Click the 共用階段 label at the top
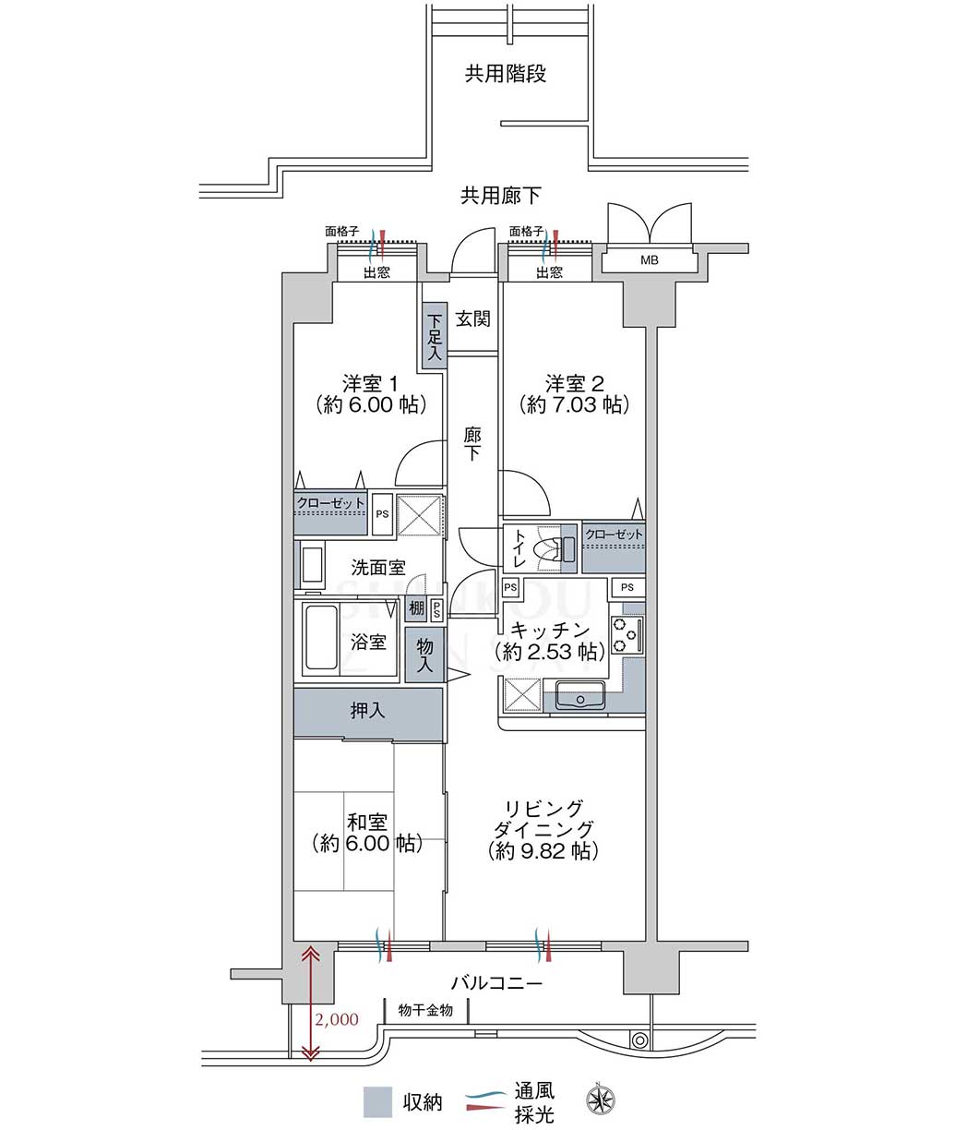click(506, 74)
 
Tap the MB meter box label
click(649, 260)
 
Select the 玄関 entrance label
click(473, 319)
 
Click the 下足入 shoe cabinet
click(435, 337)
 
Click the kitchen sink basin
click(580, 695)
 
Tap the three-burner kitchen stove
click(627, 633)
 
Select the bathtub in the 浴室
click(320, 637)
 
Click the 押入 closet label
click(367, 711)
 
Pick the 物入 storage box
click(424, 655)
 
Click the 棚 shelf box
click(416, 608)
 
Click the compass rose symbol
click(601, 1099)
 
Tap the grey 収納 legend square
click(378, 1101)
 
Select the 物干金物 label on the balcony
click(425, 1010)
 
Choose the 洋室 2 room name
click(574, 384)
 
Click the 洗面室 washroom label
click(378, 568)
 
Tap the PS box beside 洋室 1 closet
click(382, 514)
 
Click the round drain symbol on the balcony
click(639, 1040)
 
